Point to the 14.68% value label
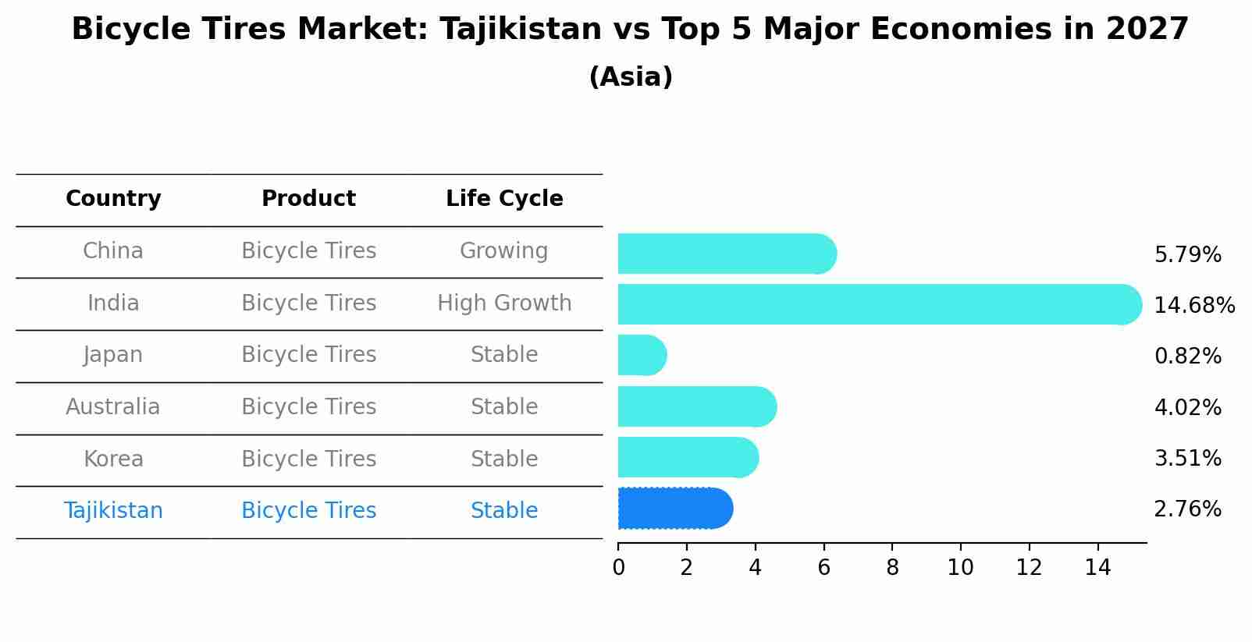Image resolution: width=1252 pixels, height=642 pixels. [1193, 305]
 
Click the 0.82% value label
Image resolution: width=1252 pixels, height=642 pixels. [1187, 356]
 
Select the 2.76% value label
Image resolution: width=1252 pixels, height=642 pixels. [1187, 509]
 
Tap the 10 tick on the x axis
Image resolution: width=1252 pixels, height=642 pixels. [960, 568]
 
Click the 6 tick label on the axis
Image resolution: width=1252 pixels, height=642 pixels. [823, 568]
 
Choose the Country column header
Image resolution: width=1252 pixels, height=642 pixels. [113, 199]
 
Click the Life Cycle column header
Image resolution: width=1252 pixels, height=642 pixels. [504, 199]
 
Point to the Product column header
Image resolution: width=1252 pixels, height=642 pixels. [308, 199]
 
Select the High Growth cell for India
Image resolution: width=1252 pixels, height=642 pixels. [504, 303]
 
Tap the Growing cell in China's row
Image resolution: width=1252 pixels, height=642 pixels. [503, 251]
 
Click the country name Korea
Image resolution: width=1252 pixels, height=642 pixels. [113, 459]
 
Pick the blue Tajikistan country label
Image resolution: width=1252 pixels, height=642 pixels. [113, 511]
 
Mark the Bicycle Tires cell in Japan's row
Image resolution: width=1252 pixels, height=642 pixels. [308, 355]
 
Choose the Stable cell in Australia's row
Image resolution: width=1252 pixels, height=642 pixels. [503, 407]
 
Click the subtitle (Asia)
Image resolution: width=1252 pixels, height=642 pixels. [631, 77]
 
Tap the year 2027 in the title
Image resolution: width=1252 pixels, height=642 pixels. [1147, 30]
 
